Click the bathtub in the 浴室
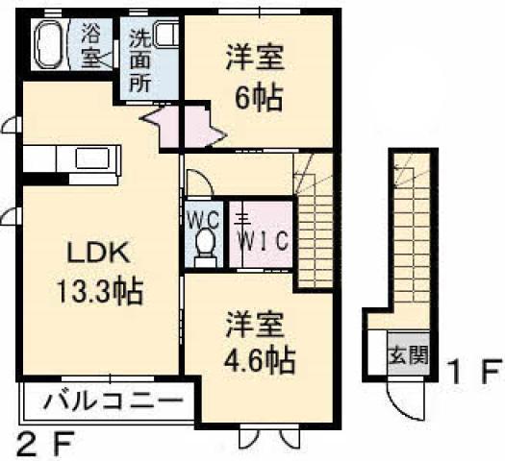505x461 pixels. (x=50, y=44)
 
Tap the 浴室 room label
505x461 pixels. (x=91, y=46)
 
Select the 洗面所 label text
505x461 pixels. (x=139, y=61)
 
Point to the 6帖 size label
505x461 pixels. (x=259, y=97)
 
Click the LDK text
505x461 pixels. (x=98, y=253)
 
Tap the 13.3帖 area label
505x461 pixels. (x=100, y=292)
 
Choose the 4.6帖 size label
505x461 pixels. (x=260, y=360)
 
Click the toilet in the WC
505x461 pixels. (x=205, y=248)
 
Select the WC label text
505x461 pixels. (x=204, y=220)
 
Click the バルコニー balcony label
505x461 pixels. (x=113, y=401)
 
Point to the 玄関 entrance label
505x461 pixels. (x=409, y=354)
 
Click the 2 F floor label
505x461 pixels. (x=45, y=444)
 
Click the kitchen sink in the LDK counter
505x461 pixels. (x=94, y=158)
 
